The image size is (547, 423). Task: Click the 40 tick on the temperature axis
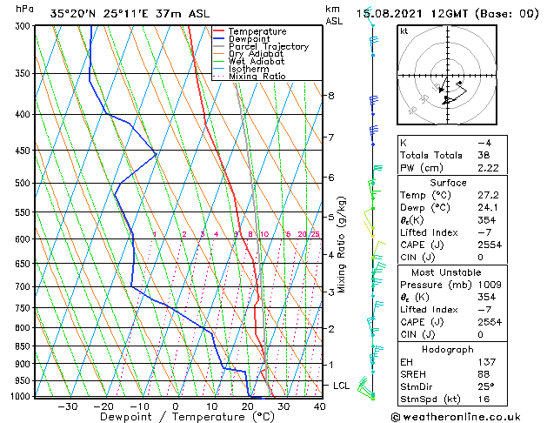319,406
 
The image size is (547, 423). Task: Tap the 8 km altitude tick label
331,95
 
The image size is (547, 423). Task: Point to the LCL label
342,385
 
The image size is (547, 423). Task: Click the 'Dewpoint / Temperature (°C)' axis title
174,418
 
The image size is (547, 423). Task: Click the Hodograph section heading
466,349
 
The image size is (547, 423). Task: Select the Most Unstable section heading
466,272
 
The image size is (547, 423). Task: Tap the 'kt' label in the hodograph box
404,30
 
